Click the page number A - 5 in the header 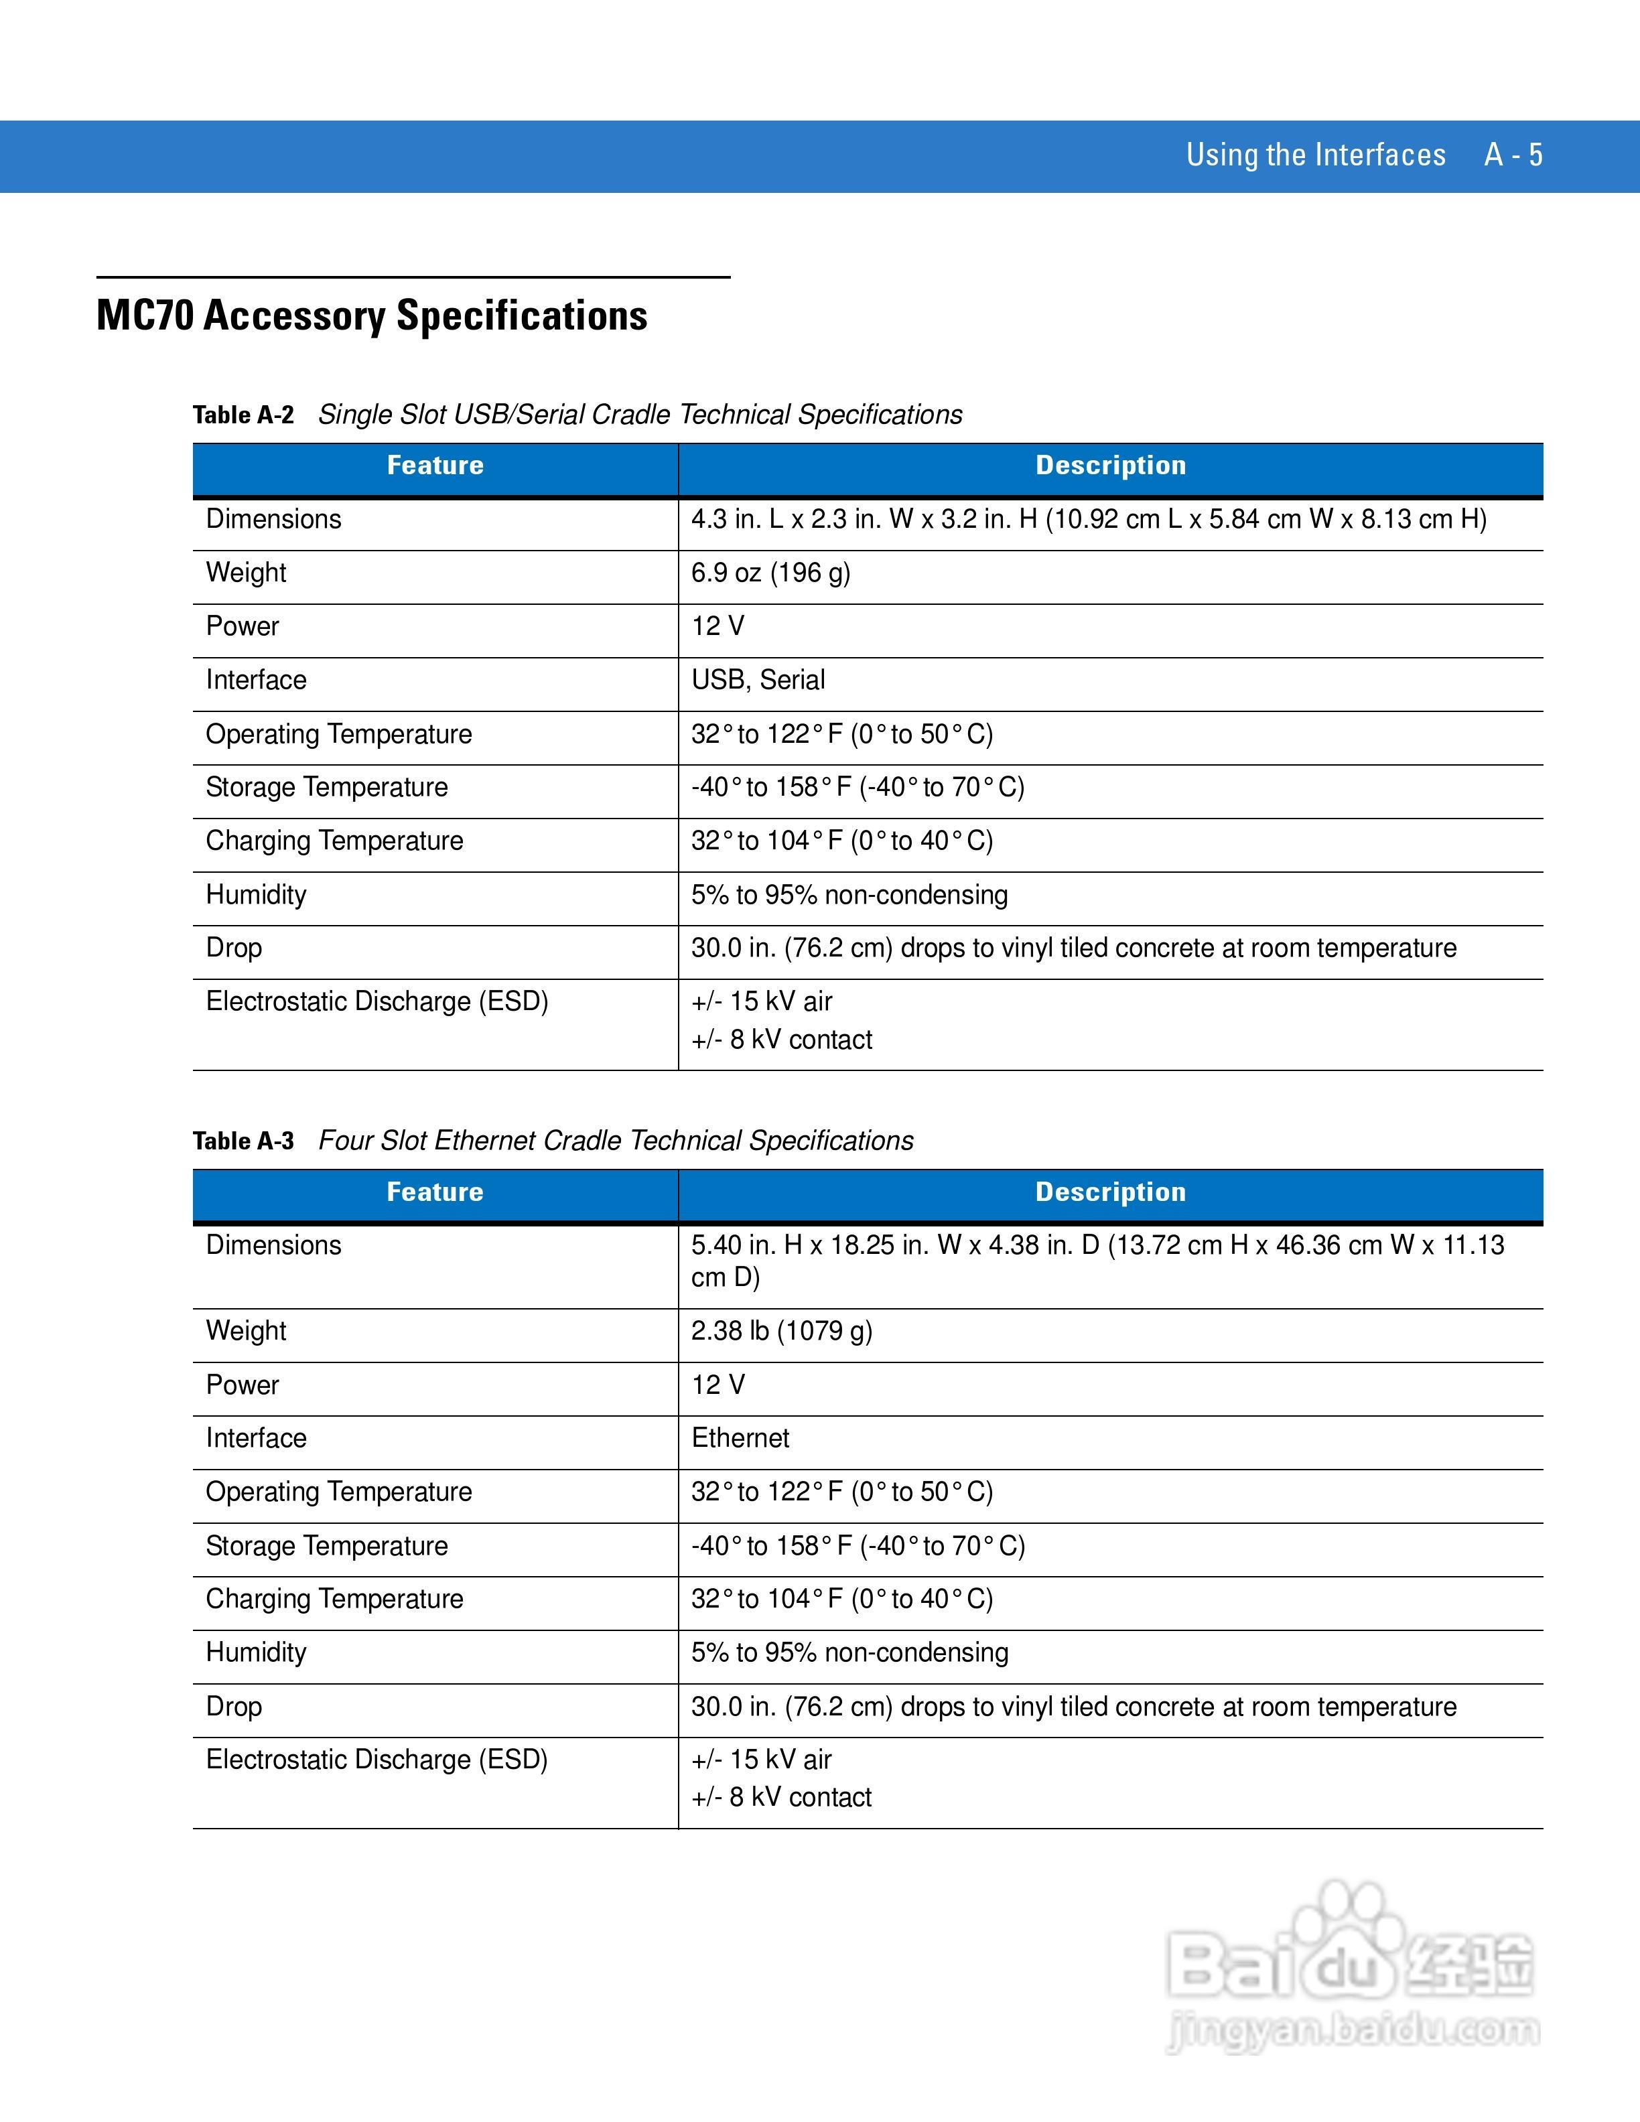1513,155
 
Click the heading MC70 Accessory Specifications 371,315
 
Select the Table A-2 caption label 243,415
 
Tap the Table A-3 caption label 243,1141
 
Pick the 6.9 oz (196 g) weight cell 770,572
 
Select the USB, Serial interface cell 758,680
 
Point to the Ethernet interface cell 740,1438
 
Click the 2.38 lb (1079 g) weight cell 781,1330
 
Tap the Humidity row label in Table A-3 255,1652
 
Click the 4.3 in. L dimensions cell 1088,519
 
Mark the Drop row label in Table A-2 233,947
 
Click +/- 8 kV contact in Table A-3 781,1798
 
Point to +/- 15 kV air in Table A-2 762,1002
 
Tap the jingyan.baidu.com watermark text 1353,2031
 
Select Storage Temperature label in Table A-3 326,1546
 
